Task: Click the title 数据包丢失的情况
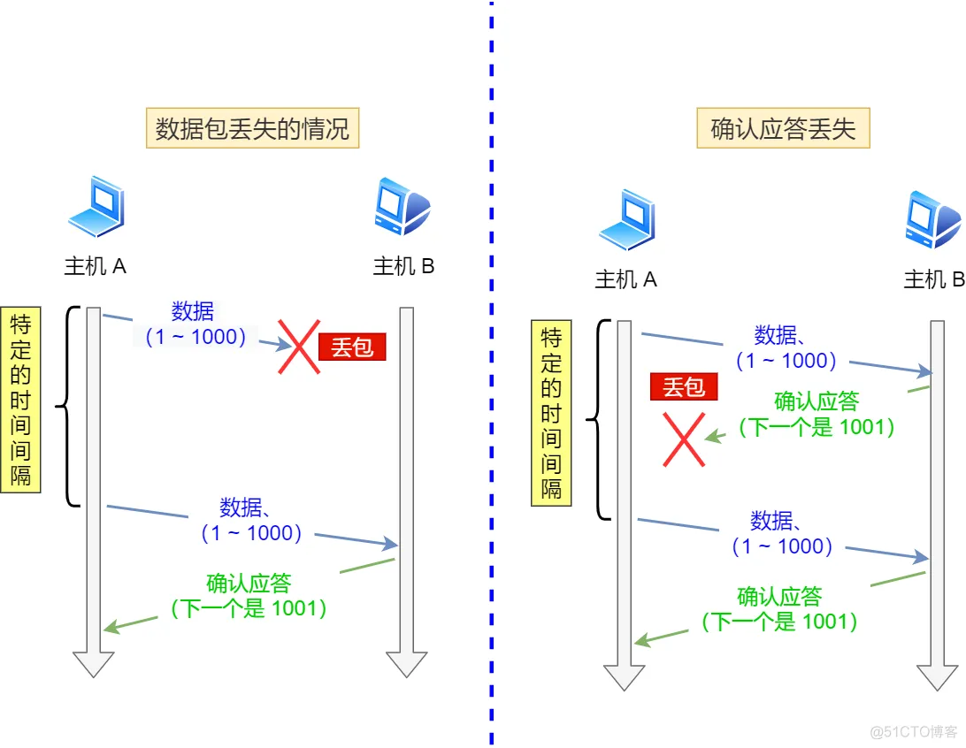[x=253, y=130]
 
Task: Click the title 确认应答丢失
[x=783, y=129]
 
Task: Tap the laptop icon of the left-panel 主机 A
[x=96, y=209]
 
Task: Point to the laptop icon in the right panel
[x=626, y=221]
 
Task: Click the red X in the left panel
[x=300, y=347]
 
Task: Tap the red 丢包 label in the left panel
[x=352, y=347]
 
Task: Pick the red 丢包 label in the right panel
[x=683, y=387]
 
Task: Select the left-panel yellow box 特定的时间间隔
[x=20, y=399]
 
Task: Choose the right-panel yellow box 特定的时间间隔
[x=551, y=413]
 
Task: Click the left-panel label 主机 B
[x=403, y=266]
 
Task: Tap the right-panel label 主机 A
[x=626, y=279]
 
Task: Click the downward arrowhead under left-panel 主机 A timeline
[x=93, y=664]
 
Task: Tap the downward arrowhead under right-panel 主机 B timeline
[x=937, y=677]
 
